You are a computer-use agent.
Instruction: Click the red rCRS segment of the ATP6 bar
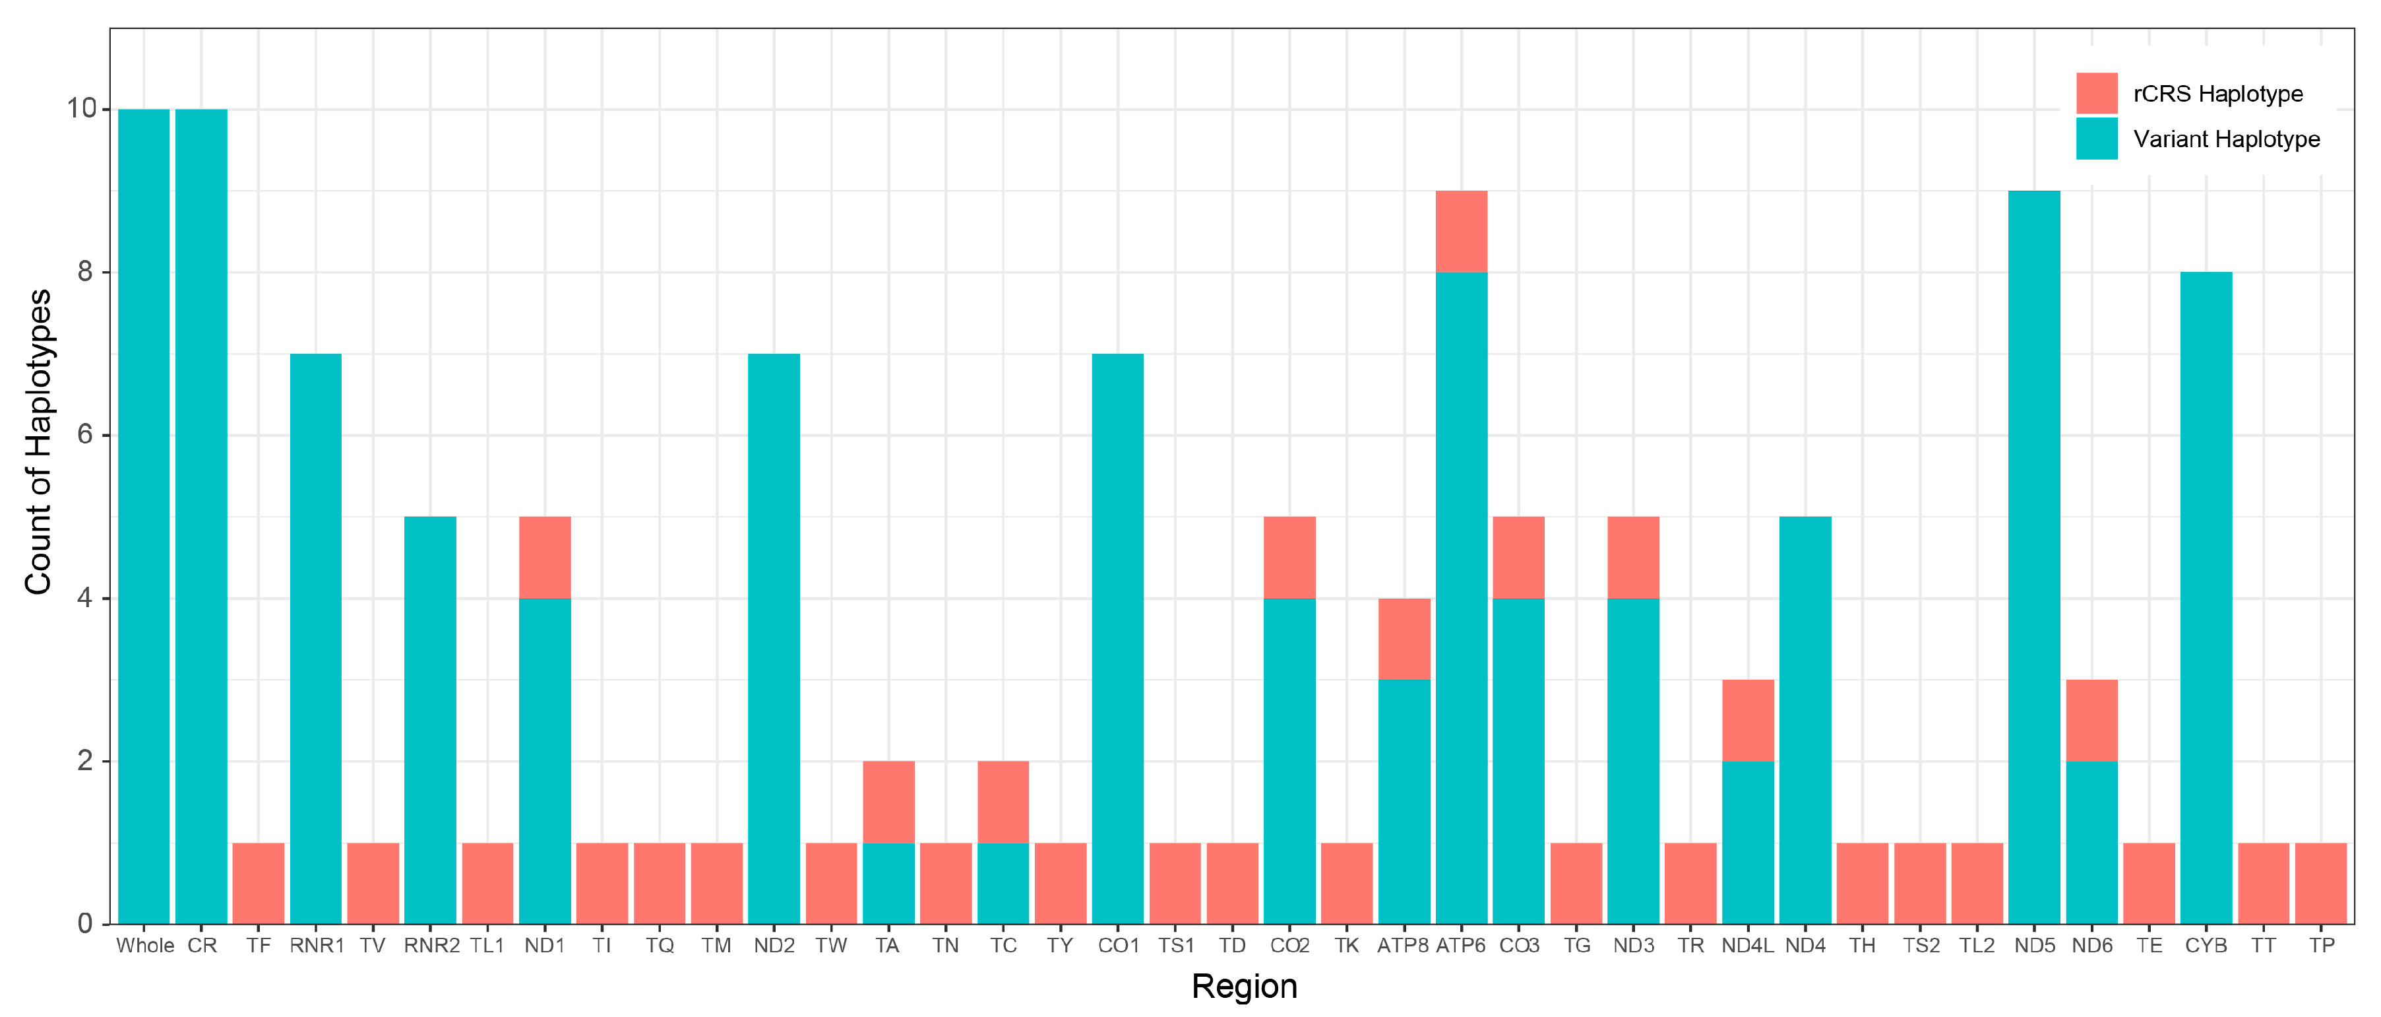tap(1462, 231)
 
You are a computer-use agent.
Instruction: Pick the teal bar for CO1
tap(1117, 638)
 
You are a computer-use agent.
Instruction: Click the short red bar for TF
tap(258, 883)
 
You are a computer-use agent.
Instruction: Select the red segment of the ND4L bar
tap(1748, 720)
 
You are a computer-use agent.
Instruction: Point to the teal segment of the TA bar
tap(888, 883)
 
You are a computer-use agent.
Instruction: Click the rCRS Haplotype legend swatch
tap(2096, 93)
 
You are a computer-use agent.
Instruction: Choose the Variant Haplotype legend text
tap(2226, 140)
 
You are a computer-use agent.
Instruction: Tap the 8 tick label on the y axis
tap(85, 272)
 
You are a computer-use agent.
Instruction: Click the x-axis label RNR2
tap(431, 946)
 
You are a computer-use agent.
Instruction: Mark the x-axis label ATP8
tap(1402, 946)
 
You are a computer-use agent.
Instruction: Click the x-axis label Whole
tap(145, 946)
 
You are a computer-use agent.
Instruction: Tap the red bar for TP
tap(2321, 883)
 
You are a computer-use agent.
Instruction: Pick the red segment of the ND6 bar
tap(2091, 720)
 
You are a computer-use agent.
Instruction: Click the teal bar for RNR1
tap(315, 638)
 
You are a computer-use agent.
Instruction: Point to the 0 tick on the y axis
tap(85, 924)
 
